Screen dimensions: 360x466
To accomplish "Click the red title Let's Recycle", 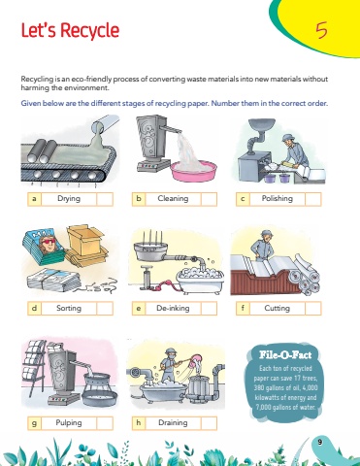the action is click(x=70, y=31).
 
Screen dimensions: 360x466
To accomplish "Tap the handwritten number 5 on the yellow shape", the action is click(x=321, y=31).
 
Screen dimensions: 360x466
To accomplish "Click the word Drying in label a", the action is click(x=69, y=198).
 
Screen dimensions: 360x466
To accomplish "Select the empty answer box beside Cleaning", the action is click(x=209, y=199).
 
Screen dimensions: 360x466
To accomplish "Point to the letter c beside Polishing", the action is click(x=243, y=199).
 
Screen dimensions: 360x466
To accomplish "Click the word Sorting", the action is click(x=69, y=308).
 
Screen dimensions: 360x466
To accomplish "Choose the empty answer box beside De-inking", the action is click(x=209, y=308).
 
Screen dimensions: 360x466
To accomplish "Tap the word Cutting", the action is click(x=278, y=308).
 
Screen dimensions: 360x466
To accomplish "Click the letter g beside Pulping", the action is click(x=34, y=423).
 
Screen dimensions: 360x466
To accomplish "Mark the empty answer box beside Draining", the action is click(x=209, y=423).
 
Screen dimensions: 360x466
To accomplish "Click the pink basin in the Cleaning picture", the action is click(x=194, y=172).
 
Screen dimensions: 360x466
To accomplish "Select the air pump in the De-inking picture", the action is click(x=147, y=278).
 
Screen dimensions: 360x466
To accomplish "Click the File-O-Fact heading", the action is click(x=285, y=355).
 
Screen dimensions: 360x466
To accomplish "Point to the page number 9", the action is click(x=320, y=442).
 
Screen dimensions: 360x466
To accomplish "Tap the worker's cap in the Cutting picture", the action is click(x=266, y=233).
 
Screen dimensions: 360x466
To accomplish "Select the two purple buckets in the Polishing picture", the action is click(x=278, y=178).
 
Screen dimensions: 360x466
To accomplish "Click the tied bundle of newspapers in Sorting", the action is click(x=54, y=281).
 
